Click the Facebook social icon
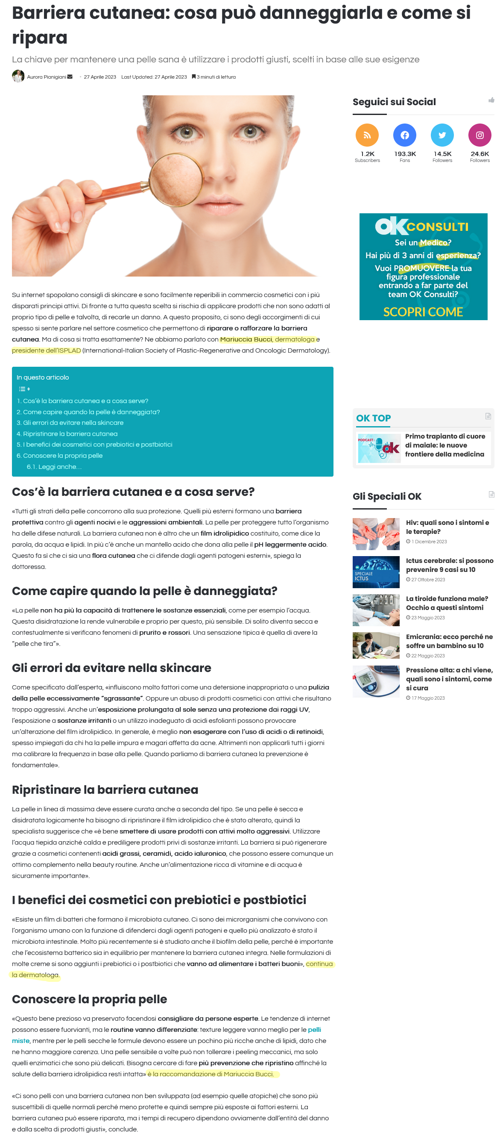click(404, 135)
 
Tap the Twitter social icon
click(442, 135)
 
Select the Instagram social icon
click(479, 135)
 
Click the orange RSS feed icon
click(367, 135)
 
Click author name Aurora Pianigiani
click(47, 77)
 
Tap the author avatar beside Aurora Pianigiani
click(18, 76)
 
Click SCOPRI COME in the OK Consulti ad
click(423, 312)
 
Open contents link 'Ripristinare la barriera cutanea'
click(70, 434)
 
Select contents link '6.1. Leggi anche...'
click(54, 466)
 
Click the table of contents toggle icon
click(24, 389)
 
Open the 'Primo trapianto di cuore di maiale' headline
click(445, 445)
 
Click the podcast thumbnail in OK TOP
click(378, 448)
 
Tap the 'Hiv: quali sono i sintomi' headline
click(447, 527)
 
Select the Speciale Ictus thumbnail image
click(376, 572)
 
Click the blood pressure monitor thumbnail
click(376, 681)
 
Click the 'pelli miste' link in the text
click(314, 1029)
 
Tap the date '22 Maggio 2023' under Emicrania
click(427, 655)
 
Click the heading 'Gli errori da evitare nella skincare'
click(111, 667)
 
